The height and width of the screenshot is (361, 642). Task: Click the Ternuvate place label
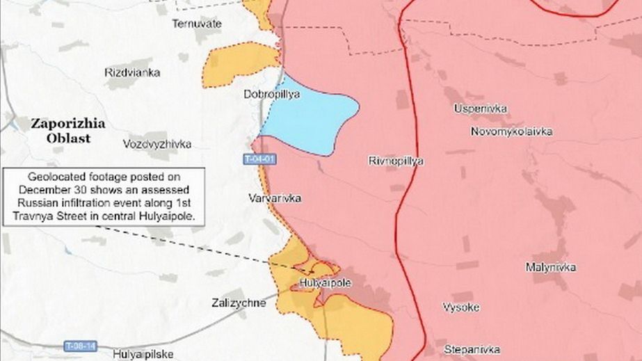[197, 24]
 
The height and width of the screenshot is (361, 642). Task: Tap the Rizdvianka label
[132, 72]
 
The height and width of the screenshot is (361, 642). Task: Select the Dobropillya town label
[272, 94]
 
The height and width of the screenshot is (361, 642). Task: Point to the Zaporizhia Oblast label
[67, 130]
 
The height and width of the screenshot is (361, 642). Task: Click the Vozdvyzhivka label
[157, 145]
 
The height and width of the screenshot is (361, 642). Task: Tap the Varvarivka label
[275, 198]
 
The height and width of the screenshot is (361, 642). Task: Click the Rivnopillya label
[396, 161]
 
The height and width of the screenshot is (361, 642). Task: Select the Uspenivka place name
[480, 109]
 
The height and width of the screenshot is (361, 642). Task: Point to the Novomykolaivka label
[511, 131]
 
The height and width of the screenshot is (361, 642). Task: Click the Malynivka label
[550, 267]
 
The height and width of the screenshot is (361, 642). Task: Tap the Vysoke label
[460, 307]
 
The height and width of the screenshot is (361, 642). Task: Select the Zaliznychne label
[238, 303]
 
